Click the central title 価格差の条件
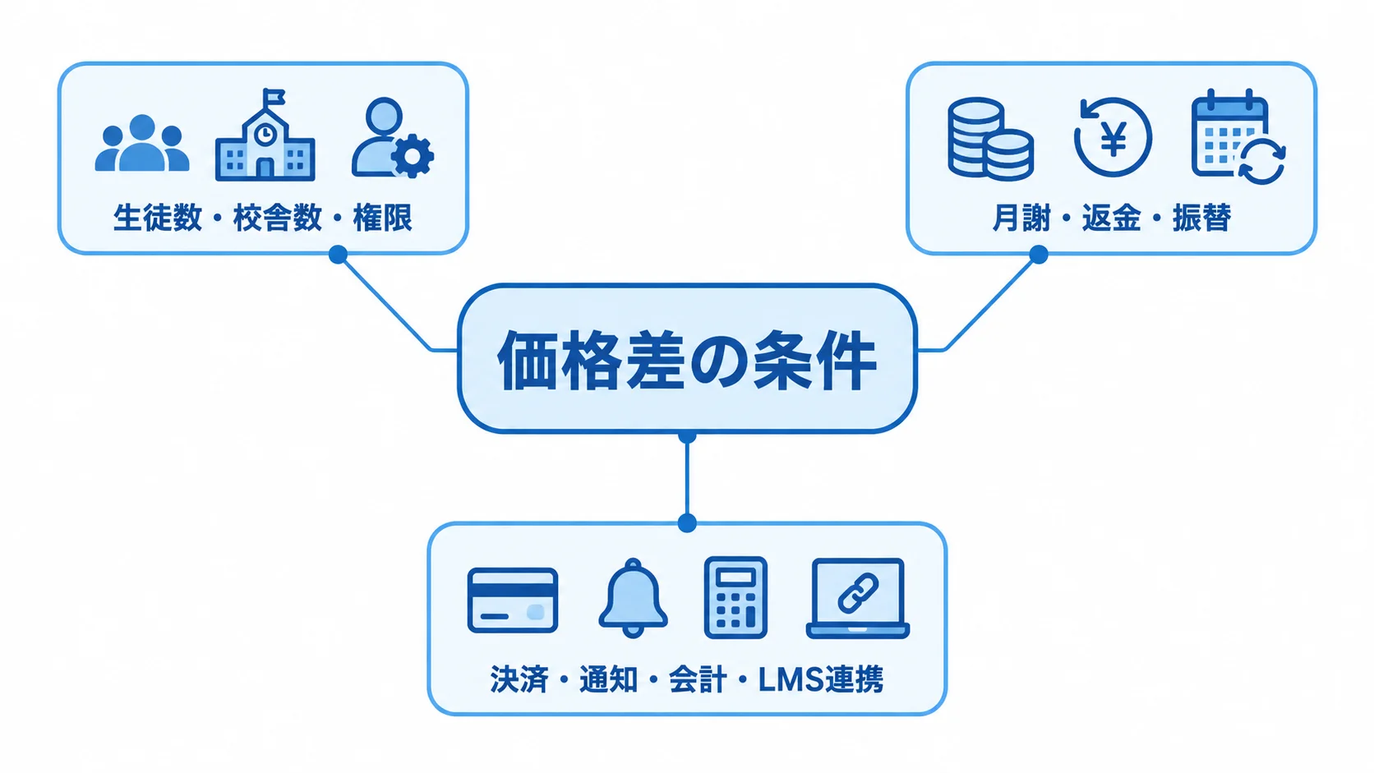(686, 360)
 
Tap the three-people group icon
(141, 143)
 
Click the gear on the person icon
(413, 156)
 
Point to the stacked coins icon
(990, 139)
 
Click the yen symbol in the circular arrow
(1113, 139)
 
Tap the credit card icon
(513, 600)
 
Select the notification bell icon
(633, 598)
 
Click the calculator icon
(735, 598)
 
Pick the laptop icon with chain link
(858, 598)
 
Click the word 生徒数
(158, 218)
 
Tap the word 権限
(383, 218)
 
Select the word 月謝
(1021, 218)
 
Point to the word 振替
(1202, 218)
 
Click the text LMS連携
(821, 679)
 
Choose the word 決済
(519, 679)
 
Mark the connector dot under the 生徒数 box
(338, 255)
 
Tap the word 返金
(1112, 218)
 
